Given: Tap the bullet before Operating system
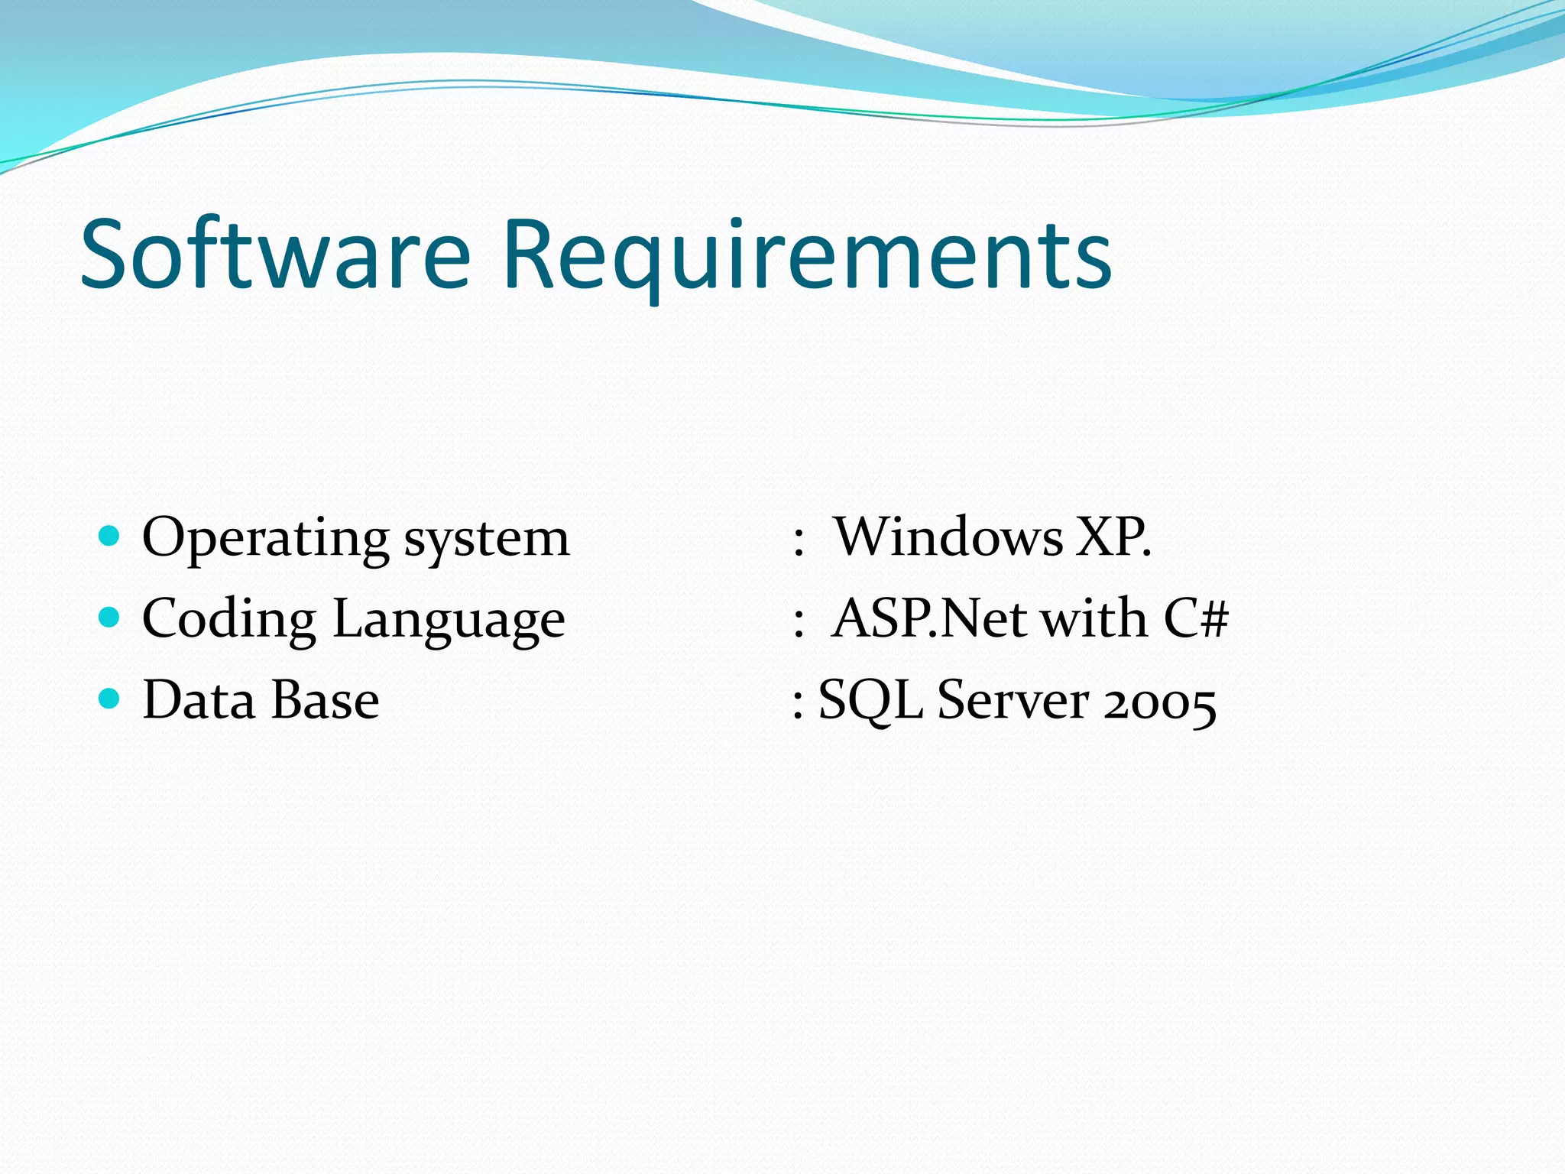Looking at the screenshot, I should point(110,534).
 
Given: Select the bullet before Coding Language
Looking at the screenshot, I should point(110,616).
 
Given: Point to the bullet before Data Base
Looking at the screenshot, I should point(110,697).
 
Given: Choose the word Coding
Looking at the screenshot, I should point(228,619).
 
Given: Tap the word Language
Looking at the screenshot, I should point(449,619).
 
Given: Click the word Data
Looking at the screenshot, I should point(199,699).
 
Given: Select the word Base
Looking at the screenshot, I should point(326,699).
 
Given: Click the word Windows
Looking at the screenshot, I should point(948,537).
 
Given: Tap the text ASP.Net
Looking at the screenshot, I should point(928,618).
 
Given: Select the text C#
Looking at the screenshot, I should point(1196,618).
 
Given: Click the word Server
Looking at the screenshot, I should point(1013,699).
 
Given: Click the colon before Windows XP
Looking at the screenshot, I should point(799,539).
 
